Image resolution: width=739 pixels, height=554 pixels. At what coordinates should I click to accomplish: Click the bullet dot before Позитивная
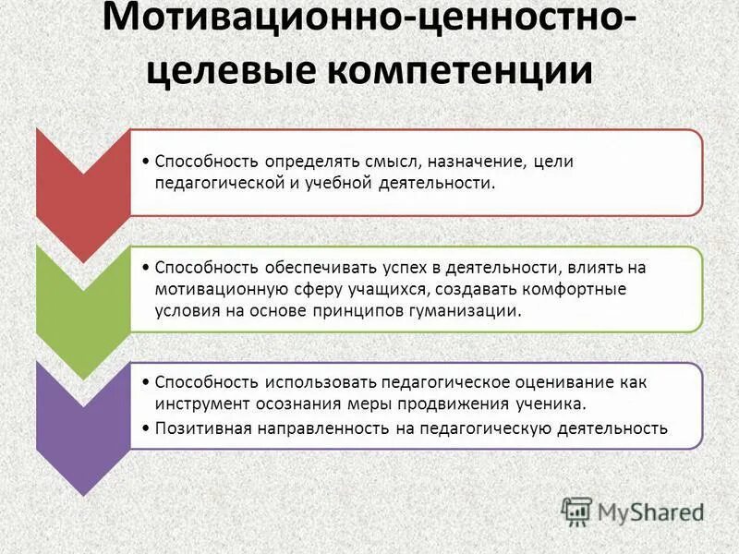tap(148, 428)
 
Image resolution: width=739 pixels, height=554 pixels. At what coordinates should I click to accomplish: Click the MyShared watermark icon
tap(576, 510)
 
